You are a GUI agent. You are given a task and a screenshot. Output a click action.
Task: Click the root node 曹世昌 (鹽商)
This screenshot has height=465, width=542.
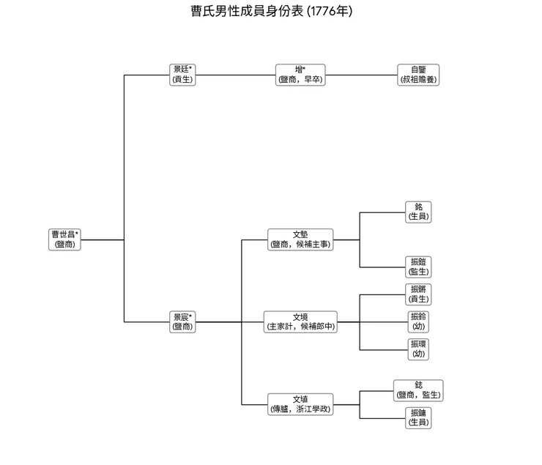(x=65, y=239)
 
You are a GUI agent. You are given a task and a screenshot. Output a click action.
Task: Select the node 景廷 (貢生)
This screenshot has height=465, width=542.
(x=182, y=75)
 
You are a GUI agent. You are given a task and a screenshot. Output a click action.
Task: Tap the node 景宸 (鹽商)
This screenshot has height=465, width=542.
(x=182, y=321)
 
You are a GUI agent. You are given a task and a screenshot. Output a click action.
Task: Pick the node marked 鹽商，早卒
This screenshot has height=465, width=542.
(x=300, y=75)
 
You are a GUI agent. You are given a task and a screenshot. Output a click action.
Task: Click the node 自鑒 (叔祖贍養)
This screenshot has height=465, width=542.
(x=418, y=75)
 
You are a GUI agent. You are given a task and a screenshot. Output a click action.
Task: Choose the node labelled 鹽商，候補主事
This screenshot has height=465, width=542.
(x=300, y=239)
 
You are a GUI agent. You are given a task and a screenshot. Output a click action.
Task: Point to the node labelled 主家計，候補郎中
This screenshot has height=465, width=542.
(x=300, y=321)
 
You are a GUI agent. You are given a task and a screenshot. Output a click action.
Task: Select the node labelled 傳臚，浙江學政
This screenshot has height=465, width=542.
(x=300, y=404)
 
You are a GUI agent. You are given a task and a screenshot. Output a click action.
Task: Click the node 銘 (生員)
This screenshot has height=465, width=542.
(x=418, y=212)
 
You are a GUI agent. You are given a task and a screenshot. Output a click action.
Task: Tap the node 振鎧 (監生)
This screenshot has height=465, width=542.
(x=418, y=267)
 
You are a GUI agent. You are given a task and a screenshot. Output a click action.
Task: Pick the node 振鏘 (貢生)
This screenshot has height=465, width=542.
(x=418, y=294)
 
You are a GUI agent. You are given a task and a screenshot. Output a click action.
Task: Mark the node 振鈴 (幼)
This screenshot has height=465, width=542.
(x=418, y=321)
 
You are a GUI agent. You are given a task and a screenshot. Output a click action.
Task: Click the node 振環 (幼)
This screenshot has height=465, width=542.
(x=418, y=349)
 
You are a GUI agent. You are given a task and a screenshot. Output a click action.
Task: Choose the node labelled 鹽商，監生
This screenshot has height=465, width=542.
(x=418, y=390)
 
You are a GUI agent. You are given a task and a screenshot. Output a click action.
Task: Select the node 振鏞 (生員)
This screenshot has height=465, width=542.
(x=418, y=417)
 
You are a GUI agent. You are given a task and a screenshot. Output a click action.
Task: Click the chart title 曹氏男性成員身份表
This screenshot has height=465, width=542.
(x=242, y=12)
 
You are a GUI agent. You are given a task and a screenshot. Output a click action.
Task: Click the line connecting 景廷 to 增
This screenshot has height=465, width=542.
(x=234, y=75)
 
